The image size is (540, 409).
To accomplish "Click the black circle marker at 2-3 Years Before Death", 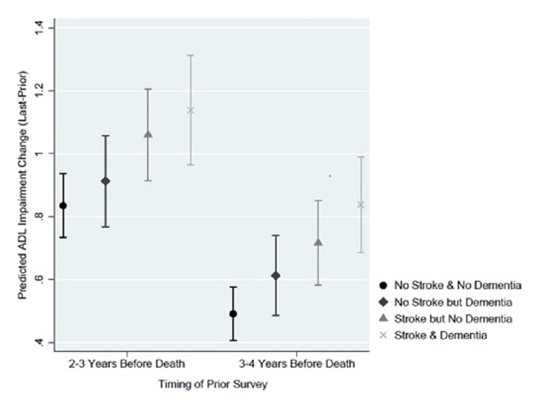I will click(63, 205).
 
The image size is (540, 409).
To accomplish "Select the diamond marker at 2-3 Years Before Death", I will click(106, 181).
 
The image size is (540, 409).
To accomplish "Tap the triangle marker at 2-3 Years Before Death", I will click(148, 134).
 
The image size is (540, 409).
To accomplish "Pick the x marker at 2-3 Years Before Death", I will click(191, 110).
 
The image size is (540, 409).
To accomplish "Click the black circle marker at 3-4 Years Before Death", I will click(233, 314).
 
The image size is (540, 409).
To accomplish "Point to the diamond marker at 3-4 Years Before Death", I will click(275, 275).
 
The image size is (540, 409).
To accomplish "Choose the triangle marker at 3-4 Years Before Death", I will click(318, 242).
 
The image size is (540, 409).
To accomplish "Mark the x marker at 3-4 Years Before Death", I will click(361, 204).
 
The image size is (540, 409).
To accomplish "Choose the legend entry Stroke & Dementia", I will click(440, 335).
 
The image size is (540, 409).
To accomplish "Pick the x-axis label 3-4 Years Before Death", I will click(296, 363).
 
